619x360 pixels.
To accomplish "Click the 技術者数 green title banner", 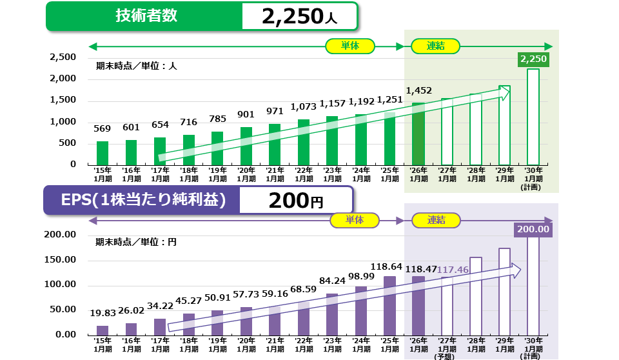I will pyautogui.click(x=144, y=16).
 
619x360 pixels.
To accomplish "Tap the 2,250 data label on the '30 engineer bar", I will pyautogui.click(x=533, y=59).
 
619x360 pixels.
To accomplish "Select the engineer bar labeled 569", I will pyautogui.click(x=103, y=152).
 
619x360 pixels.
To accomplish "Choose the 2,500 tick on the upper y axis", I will pyautogui.click(x=63, y=57).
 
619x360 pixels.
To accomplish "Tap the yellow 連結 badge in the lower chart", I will pyautogui.click(x=436, y=220).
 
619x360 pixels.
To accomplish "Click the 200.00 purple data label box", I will pyautogui.click(x=533, y=229).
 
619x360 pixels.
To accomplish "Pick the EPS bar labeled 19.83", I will pyautogui.click(x=103, y=330).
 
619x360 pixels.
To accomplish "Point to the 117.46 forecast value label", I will pyautogui.click(x=452, y=270).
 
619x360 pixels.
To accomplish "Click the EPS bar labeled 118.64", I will pyautogui.click(x=389, y=305).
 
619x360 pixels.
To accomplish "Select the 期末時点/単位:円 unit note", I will pyautogui.click(x=136, y=243).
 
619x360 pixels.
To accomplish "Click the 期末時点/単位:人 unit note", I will pyautogui.click(x=136, y=65).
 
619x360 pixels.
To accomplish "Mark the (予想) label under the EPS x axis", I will pyautogui.click(x=446, y=355).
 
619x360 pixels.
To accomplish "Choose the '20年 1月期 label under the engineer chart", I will pyautogui.click(x=246, y=174).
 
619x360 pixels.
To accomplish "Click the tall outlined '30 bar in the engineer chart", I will pyautogui.click(x=533, y=116).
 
